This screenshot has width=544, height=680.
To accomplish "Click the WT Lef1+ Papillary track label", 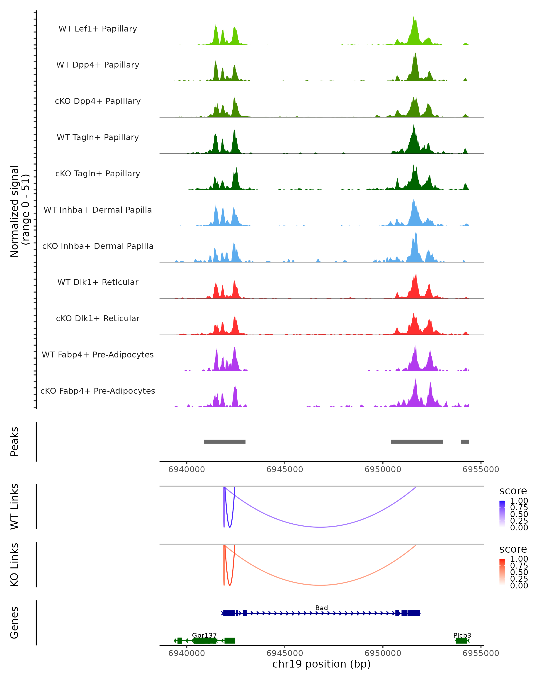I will tap(98, 29).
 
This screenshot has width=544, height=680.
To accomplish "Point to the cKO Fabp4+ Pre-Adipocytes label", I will tap(98, 391).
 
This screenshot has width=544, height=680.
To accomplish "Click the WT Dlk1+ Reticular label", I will tap(98, 282).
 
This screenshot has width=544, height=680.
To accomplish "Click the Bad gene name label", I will tap(321, 608).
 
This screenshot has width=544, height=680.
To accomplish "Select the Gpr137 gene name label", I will tap(204, 635).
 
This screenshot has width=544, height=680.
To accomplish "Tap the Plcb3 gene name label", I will tap(462, 635).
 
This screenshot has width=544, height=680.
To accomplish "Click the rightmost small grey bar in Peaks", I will tap(465, 442).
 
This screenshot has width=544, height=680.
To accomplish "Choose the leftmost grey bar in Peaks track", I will tap(225, 442).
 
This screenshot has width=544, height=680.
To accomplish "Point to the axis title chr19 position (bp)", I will tap(321, 664).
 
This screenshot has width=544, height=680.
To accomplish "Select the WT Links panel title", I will tap(15, 507).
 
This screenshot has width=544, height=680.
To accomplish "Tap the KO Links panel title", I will tap(15, 565).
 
